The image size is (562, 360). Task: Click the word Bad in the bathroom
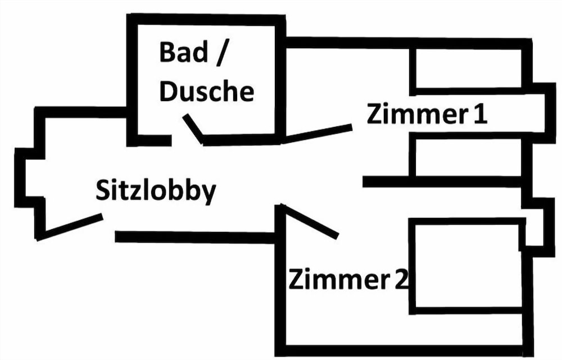tap(182, 53)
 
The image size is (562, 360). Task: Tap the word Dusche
tap(206, 91)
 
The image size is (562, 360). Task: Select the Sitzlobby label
tap(156, 191)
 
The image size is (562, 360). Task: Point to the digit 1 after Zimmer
tap(479, 115)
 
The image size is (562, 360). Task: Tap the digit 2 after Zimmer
tap(400, 279)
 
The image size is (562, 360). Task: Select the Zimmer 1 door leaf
tap(317, 134)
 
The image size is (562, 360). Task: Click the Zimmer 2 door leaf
tap(309, 221)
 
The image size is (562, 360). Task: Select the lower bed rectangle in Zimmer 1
tap(467, 157)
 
